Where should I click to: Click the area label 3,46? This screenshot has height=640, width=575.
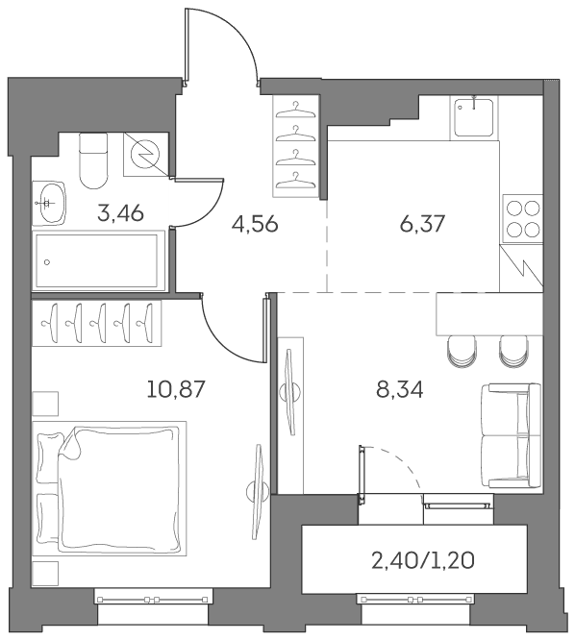[120, 213]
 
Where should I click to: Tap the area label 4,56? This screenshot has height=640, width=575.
[255, 224]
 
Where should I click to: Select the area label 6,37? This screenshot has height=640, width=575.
[422, 224]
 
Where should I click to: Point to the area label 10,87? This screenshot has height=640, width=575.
[175, 389]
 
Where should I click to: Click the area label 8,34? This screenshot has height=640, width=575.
[399, 389]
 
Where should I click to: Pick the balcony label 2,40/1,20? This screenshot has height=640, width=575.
[423, 561]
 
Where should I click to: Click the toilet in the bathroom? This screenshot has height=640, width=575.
[93, 160]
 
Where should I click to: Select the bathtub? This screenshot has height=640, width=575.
[98, 260]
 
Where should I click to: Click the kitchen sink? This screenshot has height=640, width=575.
[474, 118]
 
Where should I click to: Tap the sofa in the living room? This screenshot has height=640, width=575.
[511, 435]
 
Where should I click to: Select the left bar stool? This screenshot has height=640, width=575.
[462, 351]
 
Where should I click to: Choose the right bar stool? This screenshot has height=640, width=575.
[513, 351]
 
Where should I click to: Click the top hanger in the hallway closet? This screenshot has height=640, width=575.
[296, 111]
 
